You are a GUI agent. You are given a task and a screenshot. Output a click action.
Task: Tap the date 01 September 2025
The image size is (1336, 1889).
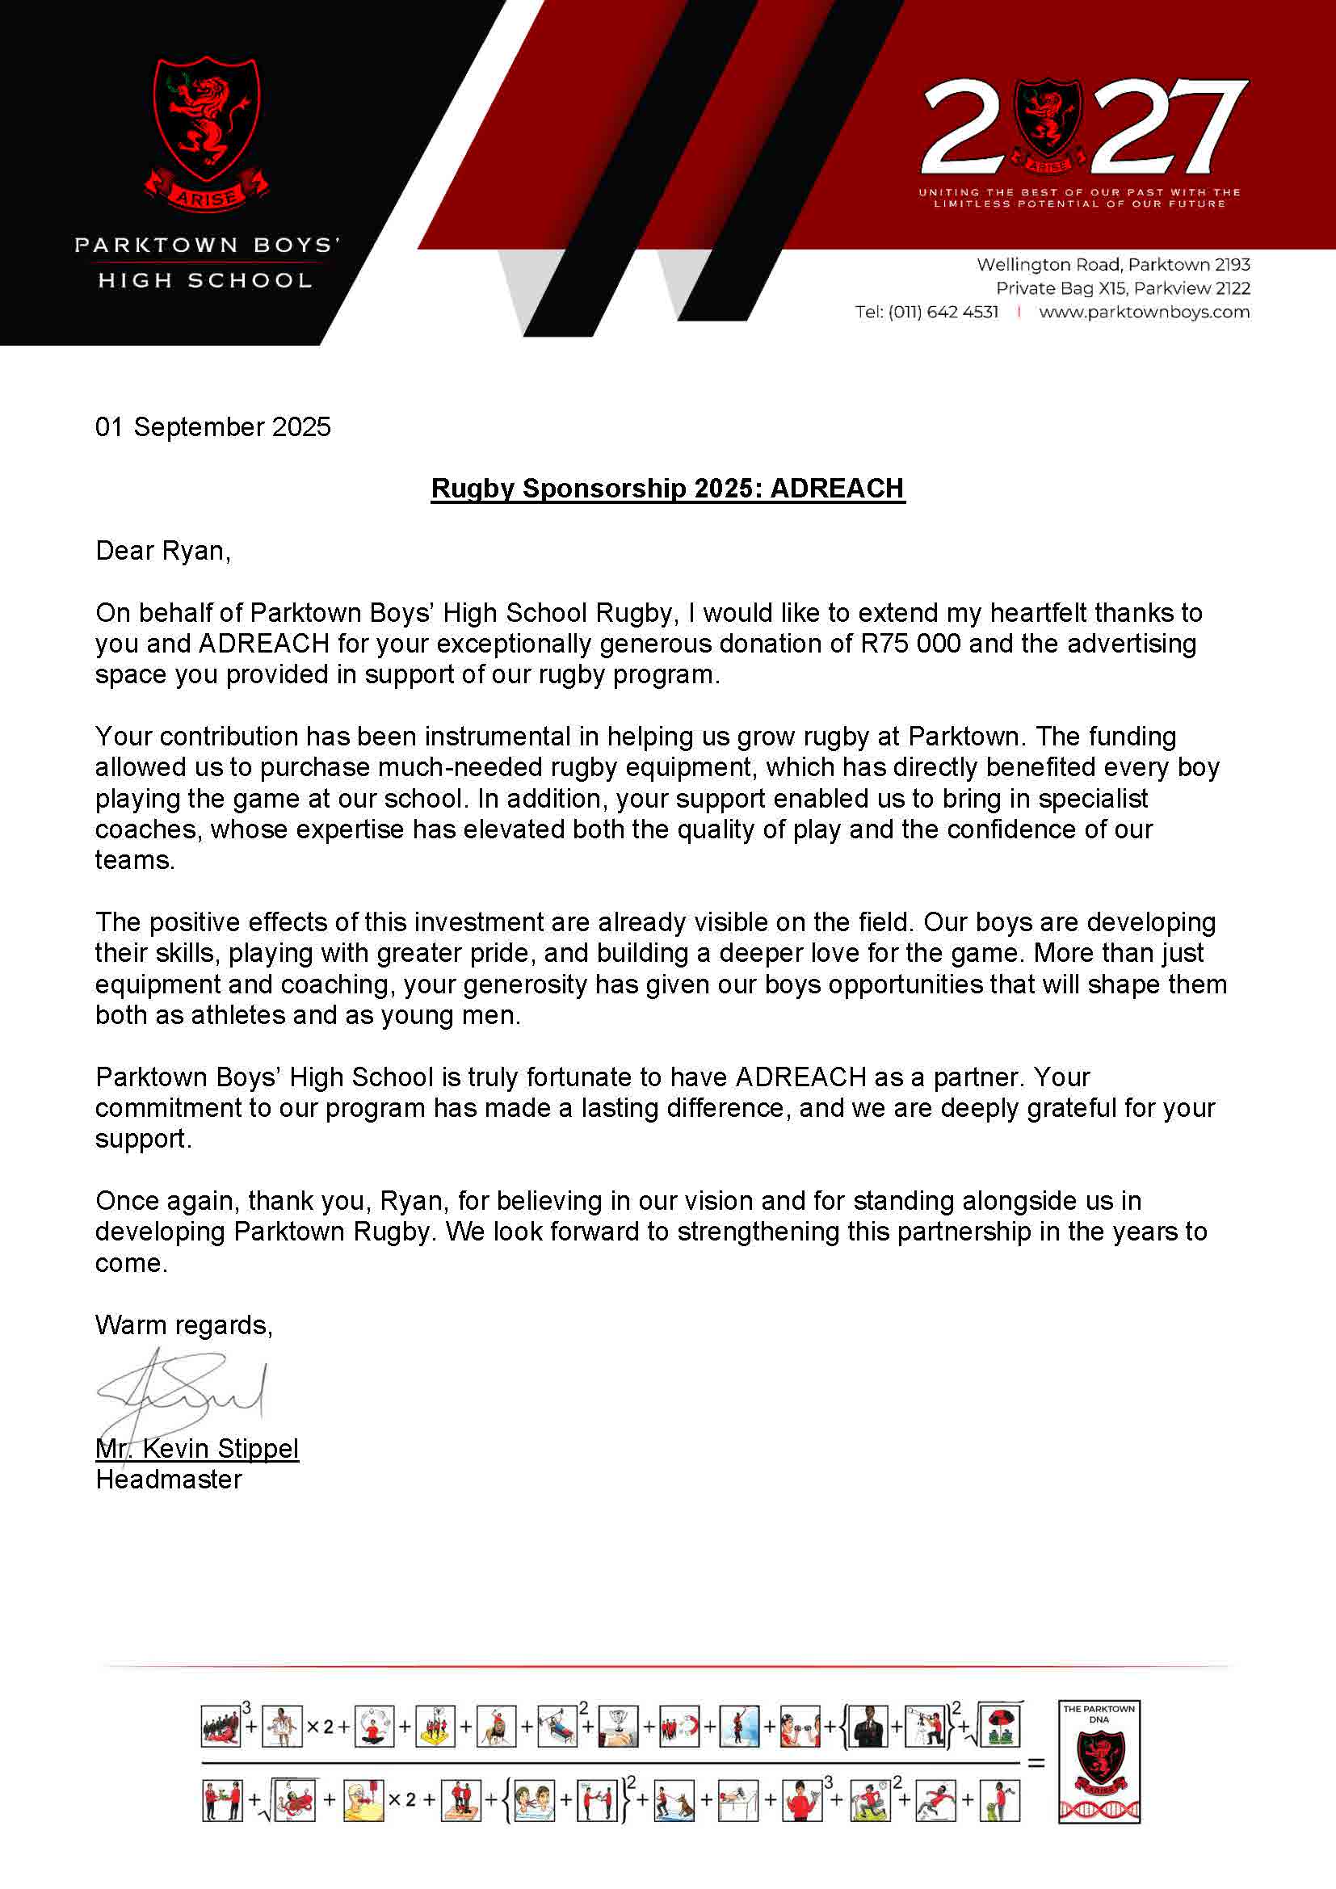(x=213, y=427)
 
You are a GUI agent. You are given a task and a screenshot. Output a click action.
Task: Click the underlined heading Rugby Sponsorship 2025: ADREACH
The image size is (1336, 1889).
(x=667, y=489)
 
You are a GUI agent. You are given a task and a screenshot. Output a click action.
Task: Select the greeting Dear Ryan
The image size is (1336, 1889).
(x=163, y=551)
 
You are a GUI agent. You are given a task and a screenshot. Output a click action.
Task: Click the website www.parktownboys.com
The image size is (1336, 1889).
(x=1144, y=312)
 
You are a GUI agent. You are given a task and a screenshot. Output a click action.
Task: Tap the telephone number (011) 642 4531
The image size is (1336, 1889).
(x=943, y=312)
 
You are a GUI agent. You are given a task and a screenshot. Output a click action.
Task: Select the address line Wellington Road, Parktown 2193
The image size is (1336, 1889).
(x=1113, y=265)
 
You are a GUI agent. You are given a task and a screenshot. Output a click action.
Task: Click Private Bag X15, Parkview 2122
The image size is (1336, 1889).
(x=1122, y=288)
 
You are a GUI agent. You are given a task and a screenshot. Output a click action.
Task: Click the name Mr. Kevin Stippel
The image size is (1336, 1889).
(x=197, y=1448)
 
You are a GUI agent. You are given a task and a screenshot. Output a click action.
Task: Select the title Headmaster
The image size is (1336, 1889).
(x=169, y=1480)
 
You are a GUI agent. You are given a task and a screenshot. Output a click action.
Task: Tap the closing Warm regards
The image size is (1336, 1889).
(x=183, y=1324)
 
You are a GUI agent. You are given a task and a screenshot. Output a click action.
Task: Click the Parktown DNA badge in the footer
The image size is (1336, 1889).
(x=1099, y=1761)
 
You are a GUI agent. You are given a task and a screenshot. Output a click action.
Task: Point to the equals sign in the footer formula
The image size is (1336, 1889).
(x=1036, y=1762)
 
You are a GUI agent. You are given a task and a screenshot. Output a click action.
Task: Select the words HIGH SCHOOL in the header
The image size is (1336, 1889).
(x=205, y=280)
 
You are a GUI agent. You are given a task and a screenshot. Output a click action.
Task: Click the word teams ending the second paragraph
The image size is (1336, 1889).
(x=134, y=860)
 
